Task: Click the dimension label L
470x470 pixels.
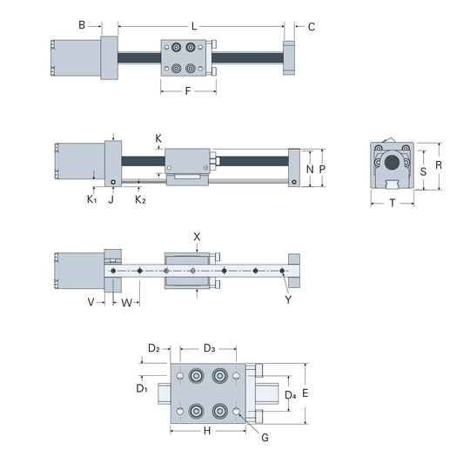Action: click(194, 26)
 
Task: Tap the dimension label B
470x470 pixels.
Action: click(82, 25)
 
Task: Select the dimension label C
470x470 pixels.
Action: click(312, 27)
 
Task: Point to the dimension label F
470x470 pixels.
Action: click(188, 91)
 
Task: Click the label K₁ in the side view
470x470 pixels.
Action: click(91, 199)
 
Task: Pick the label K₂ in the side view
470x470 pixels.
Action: click(140, 199)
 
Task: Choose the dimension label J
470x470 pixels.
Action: click(111, 199)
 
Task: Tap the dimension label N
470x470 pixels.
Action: click(310, 170)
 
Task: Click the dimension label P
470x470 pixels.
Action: click(322, 170)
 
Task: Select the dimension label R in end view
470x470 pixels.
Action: click(439, 165)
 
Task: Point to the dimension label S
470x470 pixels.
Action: click(423, 171)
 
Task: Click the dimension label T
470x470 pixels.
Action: click(393, 203)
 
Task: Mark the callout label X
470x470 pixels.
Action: click(197, 237)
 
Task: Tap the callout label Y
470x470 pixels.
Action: click(288, 299)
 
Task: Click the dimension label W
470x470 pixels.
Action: click(126, 303)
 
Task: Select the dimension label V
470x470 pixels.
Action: click(91, 302)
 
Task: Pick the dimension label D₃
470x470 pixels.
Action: click(209, 348)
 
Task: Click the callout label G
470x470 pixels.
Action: click(265, 438)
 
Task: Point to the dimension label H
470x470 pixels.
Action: click(207, 431)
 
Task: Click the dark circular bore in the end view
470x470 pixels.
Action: click(392, 163)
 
